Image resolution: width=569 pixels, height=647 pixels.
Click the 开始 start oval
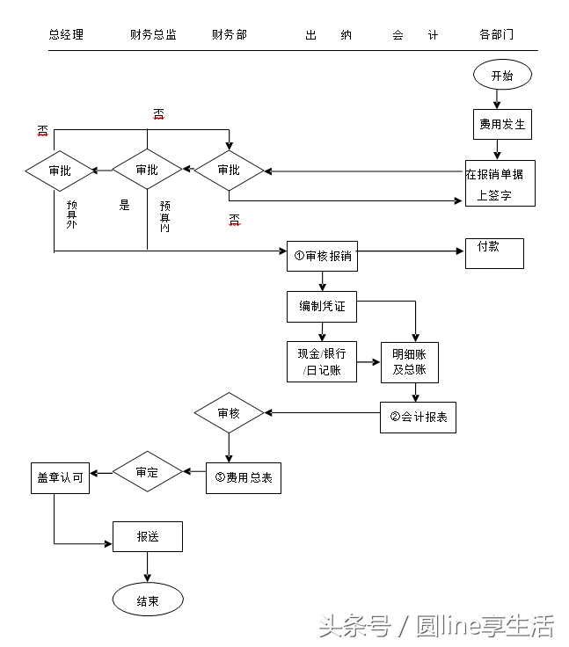coord(502,76)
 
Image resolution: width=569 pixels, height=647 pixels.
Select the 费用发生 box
coord(502,124)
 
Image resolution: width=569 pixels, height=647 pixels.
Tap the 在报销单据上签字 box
coord(500,184)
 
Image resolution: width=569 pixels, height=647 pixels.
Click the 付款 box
coord(493,253)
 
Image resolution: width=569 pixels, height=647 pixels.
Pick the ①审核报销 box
coord(322,255)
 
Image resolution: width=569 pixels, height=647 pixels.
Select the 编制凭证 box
coord(322,306)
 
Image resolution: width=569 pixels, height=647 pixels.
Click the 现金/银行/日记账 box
coord(322,361)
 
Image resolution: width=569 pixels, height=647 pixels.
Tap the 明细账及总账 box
coord(409,361)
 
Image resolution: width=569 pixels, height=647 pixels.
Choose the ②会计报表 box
coord(418,417)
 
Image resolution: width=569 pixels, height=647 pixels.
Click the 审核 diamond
coord(229,413)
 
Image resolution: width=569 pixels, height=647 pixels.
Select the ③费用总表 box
coord(243,477)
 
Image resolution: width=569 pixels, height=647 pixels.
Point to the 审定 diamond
coord(147,472)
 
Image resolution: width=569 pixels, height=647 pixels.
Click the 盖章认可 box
coord(60,477)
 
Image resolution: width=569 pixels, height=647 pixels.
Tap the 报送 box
coord(148,536)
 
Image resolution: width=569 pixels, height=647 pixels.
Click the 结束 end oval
coord(148,601)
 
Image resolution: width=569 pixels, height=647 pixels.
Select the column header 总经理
coord(66,35)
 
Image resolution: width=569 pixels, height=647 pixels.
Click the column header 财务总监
coord(153,35)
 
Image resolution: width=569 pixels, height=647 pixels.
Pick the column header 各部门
coord(497,35)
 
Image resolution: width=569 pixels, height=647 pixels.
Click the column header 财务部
coord(230,35)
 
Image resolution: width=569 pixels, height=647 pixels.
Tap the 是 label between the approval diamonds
coord(124,206)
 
